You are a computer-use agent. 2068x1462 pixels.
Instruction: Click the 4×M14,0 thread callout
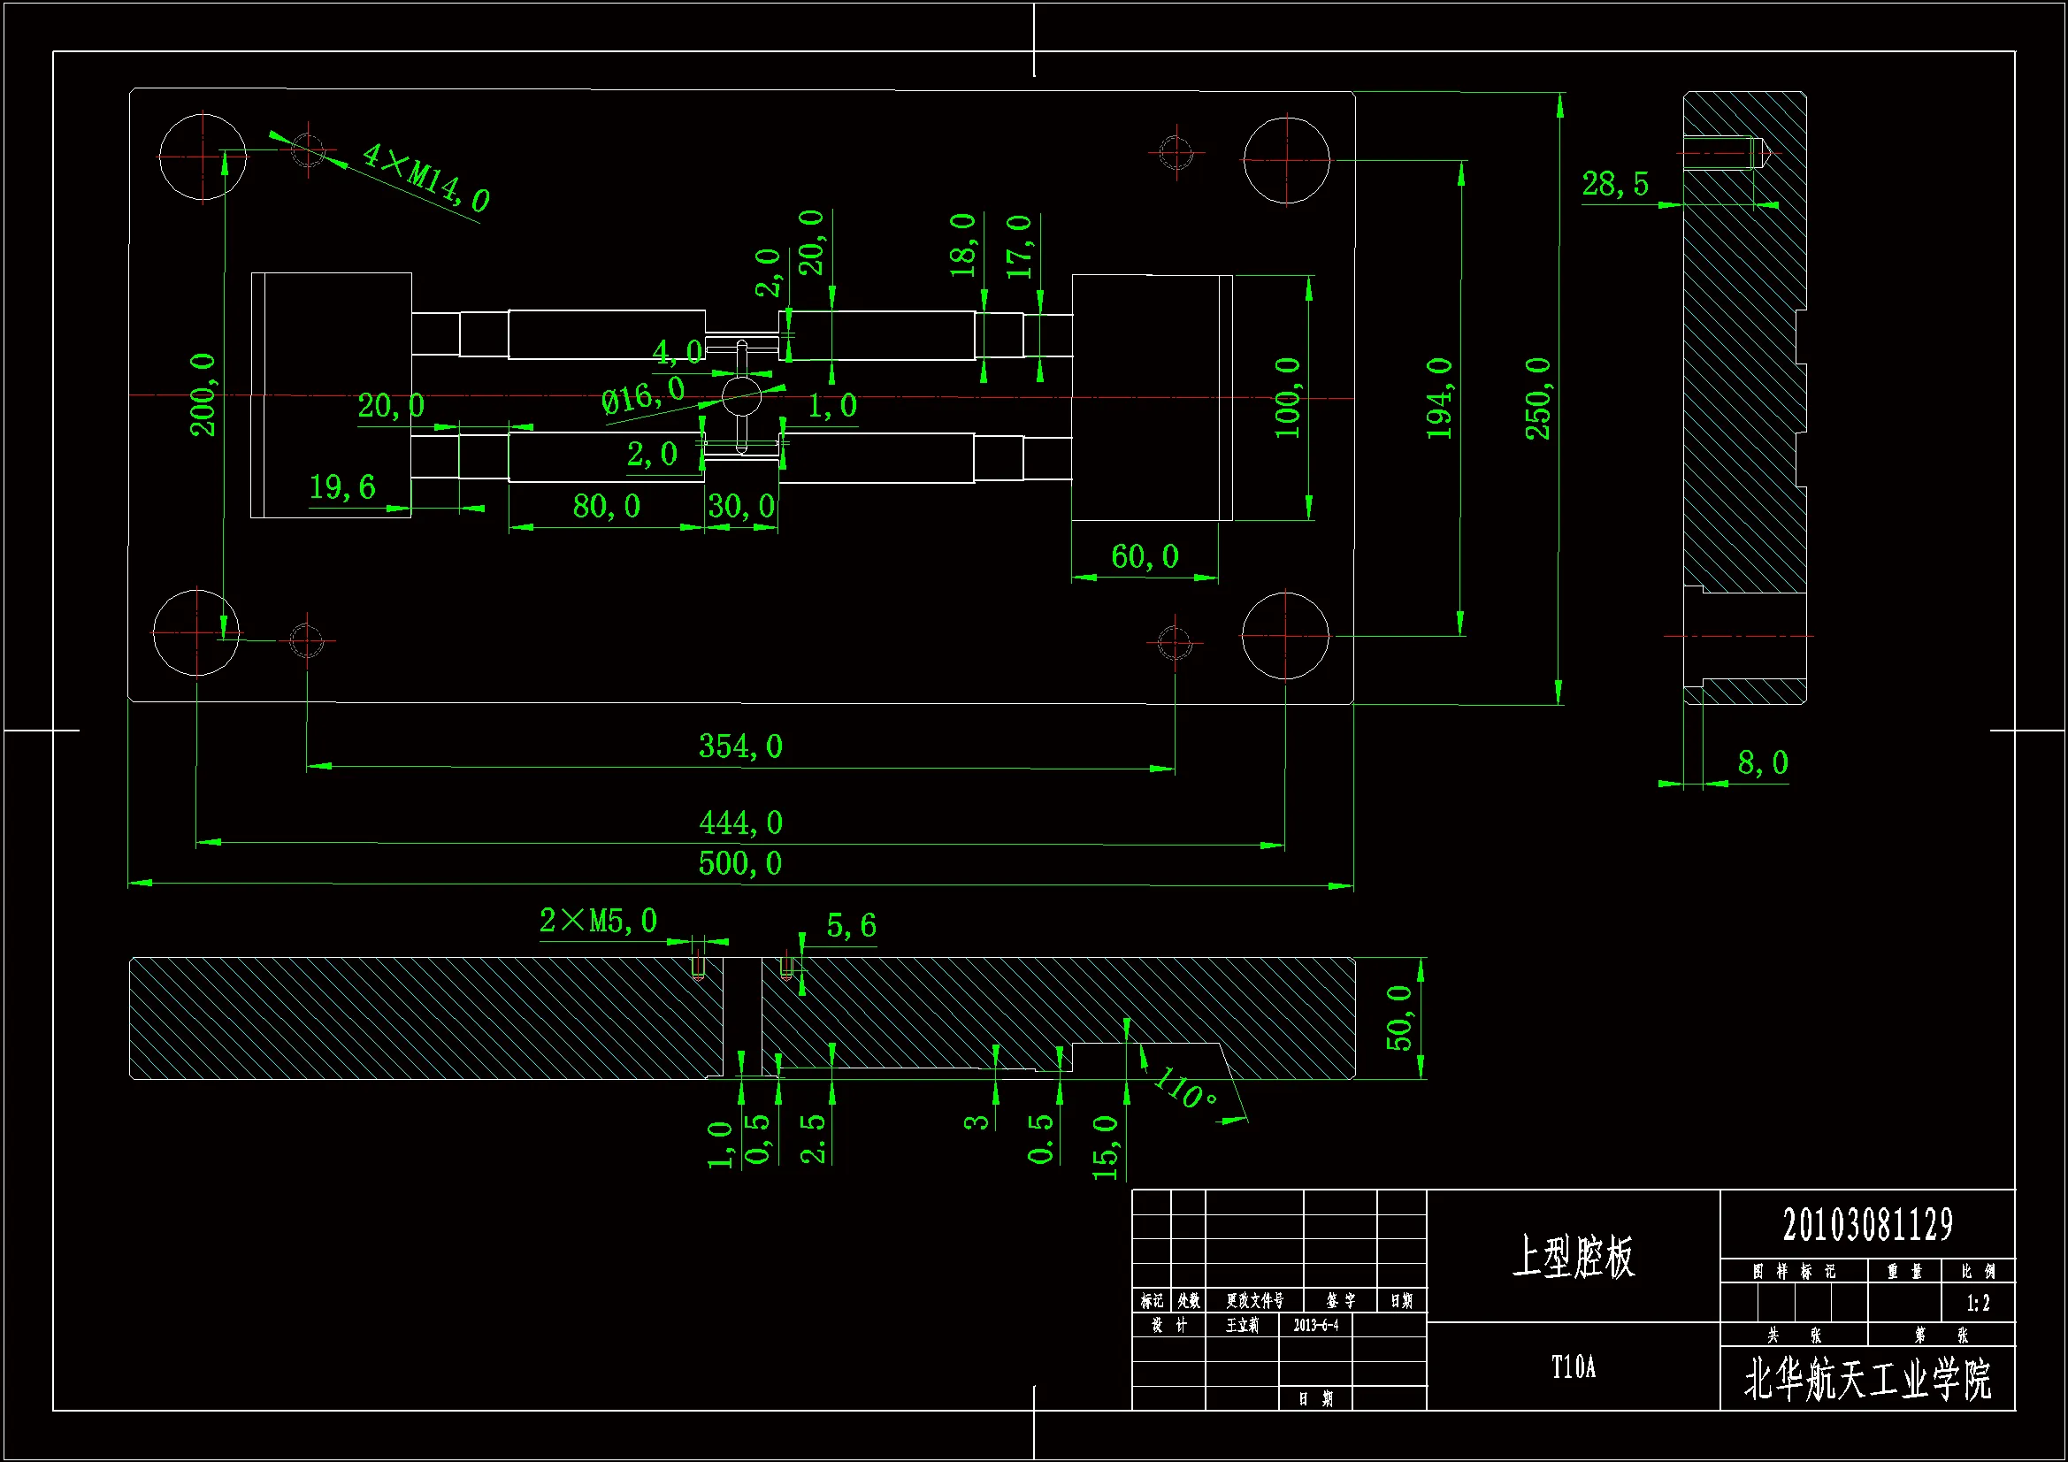point(425,177)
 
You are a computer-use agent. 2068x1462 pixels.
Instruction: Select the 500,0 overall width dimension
point(740,864)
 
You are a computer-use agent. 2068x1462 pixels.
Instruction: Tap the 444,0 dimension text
point(740,823)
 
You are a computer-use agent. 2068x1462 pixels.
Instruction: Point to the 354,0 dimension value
point(740,746)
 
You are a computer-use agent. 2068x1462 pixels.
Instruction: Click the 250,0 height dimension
point(1538,398)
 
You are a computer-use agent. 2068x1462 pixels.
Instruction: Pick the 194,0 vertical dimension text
point(1440,398)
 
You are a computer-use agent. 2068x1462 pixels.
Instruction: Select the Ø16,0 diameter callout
point(643,395)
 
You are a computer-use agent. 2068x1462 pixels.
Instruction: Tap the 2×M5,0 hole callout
point(598,921)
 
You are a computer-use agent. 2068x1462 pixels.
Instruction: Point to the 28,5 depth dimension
point(1615,185)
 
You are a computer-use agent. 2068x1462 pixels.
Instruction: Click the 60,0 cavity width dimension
point(1145,556)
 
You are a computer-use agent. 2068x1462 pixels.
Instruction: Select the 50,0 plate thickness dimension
point(1398,1018)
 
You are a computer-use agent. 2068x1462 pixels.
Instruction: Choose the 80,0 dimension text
point(606,506)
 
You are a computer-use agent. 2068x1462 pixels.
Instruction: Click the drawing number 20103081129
point(1867,1225)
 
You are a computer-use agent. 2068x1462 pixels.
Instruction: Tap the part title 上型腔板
point(1573,1257)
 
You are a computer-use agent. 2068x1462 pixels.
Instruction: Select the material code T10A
point(1573,1367)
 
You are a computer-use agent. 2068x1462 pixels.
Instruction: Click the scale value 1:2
point(1978,1304)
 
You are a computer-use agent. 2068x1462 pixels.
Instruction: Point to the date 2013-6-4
point(1316,1325)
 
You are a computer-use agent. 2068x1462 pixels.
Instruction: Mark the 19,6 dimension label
point(342,487)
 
